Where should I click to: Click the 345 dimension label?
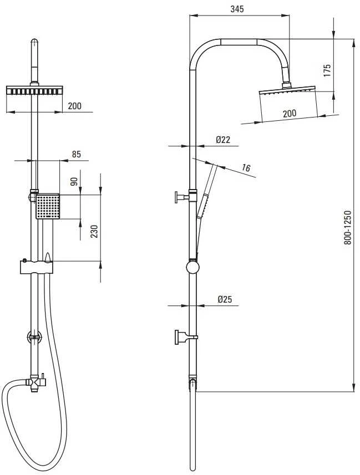pyautogui.click(x=237, y=9)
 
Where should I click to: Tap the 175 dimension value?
pyautogui.click(x=327, y=70)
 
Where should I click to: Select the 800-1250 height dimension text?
pyautogui.click(x=347, y=227)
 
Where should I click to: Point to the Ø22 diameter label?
pyautogui.click(x=223, y=140)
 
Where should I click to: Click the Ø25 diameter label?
pyautogui.click(x=225, y=299)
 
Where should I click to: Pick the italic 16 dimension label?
pyautogui.click(x=246, y=167)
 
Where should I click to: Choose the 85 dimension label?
pyautogui.click(x=77, y=154)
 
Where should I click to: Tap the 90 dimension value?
pyautogui.click(x=74, y=181)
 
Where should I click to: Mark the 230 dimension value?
pyautogui.click(x=94, y=232)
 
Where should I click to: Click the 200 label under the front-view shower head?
pyautogui.click(x=75, y=106)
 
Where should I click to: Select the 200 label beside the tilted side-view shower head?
pyautogui.click(x=290, y=114)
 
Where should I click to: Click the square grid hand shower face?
pyautogui.click(x=48, y=206)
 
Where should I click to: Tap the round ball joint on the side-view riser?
pyautogui.click(x=192, y=268)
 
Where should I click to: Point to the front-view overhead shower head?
pyautogui.click(x=34, y=90)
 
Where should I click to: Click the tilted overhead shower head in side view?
pyautogui.click(x=287, y=91)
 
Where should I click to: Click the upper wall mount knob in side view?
pyautogui.click(x=182, y=197)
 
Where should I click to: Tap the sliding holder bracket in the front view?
pyautogui.click(x=37, y=267)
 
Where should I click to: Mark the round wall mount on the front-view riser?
pyautogui.click(x=34, y=336)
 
